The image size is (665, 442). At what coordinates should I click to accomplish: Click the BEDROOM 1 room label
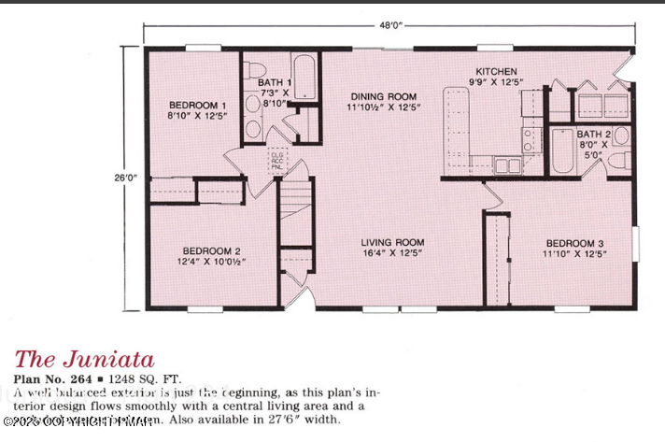[197, 105]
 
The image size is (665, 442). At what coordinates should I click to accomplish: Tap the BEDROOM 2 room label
[212, 250]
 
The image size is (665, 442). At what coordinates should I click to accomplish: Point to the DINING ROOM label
[383, 96]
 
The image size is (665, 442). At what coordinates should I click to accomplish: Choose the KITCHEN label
[496, 72]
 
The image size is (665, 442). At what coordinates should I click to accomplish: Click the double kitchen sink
[509, 166]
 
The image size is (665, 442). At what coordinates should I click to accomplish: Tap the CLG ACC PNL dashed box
[278, 158]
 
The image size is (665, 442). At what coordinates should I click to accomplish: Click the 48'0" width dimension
[391, 26]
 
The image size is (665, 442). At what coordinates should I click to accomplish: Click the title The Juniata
[84, 359]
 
